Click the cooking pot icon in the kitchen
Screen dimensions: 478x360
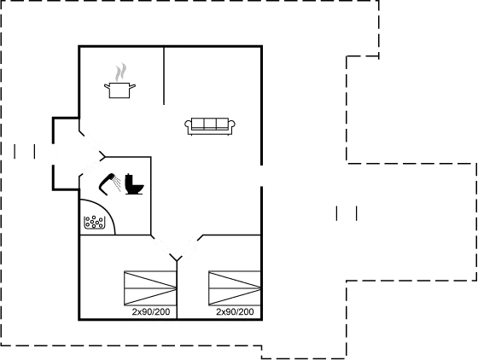(119, 90)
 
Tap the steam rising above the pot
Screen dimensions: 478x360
(120, 72)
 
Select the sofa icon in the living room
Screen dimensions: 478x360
(210, 126)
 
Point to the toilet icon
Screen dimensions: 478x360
(134, 184)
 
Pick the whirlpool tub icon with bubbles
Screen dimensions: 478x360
(94, 222)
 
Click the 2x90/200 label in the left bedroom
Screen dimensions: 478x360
(151, 311)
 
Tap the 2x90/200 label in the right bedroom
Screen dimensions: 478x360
(235, 311)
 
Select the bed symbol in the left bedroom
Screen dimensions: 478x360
(150, 288)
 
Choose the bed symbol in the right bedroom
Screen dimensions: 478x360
(235, 288)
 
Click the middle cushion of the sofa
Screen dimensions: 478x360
(210, 124)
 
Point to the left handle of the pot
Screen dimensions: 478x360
(107, 86)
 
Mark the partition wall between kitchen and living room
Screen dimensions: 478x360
(164, 76)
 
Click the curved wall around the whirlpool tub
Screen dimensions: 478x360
(106, 209)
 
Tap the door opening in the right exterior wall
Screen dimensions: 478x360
(261, 176)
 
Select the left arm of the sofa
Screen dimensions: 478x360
(188, 125)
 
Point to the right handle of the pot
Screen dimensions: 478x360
(132, 86)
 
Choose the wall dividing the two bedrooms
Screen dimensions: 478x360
(177, 289)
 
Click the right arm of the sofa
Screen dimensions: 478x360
(231, 125)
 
